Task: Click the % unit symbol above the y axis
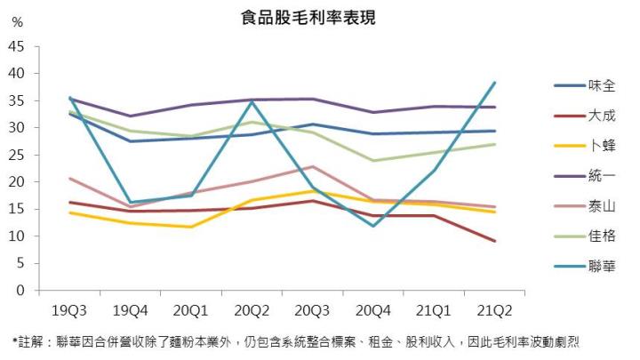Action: (x=18, y=22)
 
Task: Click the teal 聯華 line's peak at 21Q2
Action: (x=494, y=83)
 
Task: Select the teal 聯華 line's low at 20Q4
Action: (x=373, y=226)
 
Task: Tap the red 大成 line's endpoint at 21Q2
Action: (x=494, y=241)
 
